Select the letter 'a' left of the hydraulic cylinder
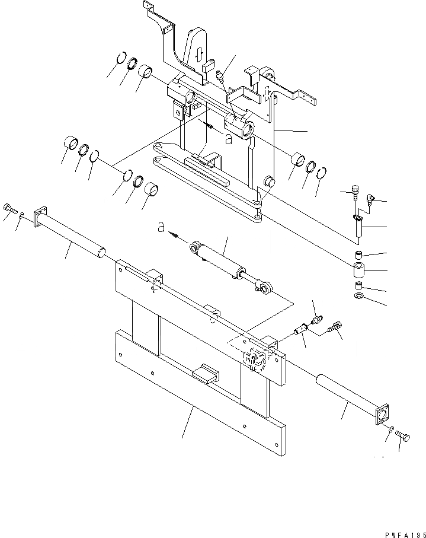[x=159, y=227]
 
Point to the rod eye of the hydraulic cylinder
[x=265, y=288]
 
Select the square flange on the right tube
[x=382, y=413]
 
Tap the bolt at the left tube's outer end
[x=8, y=208]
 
